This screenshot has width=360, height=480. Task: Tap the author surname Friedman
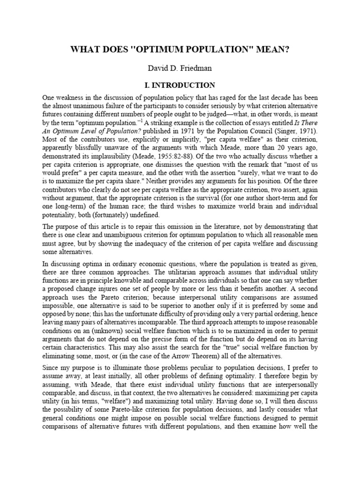click(x=196, y=68)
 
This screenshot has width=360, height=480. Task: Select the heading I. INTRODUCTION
click(x=180, y=85)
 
